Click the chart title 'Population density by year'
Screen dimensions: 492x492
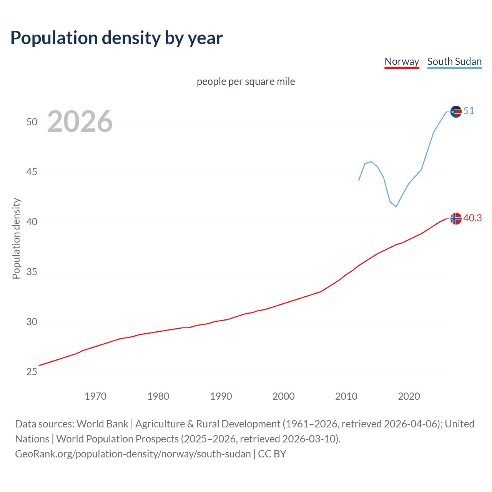click(116, 38)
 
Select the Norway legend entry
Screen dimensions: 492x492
click(402, 61)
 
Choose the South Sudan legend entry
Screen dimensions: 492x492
click(454, 61)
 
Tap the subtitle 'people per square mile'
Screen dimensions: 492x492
click(246, 81)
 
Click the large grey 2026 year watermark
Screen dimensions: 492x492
click(80, 121)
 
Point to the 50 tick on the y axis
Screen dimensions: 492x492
click(32, 122)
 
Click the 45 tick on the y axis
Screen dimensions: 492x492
click(32, 172)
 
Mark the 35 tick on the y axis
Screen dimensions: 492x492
click(32, 272)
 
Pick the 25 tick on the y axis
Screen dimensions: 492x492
click(32, 372)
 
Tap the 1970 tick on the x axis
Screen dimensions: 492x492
click(95, 396)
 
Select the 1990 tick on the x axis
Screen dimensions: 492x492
click(221, 396)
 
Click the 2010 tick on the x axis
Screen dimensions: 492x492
click(346, 396)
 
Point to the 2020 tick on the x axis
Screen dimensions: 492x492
click(409, 396)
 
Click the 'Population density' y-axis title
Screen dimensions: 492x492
click(16, 238)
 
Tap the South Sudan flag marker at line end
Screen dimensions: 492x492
click(456, 111)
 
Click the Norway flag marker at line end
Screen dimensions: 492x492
click(456, 218)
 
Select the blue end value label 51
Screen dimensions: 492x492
click(469, 111)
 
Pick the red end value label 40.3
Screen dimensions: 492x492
click(472, 218)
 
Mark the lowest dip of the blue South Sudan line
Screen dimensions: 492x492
click(396, 206)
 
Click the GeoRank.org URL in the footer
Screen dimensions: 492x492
click(133, 454)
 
